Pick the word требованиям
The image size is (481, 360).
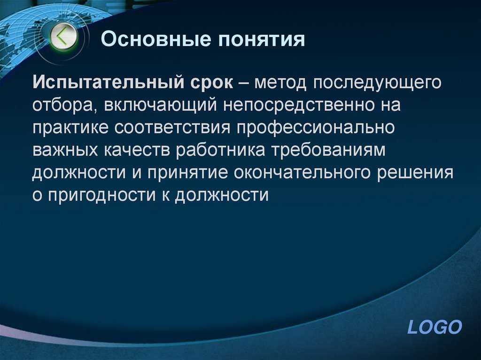[x=342, y=150]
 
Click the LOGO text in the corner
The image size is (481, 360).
[x=435, y=327]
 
